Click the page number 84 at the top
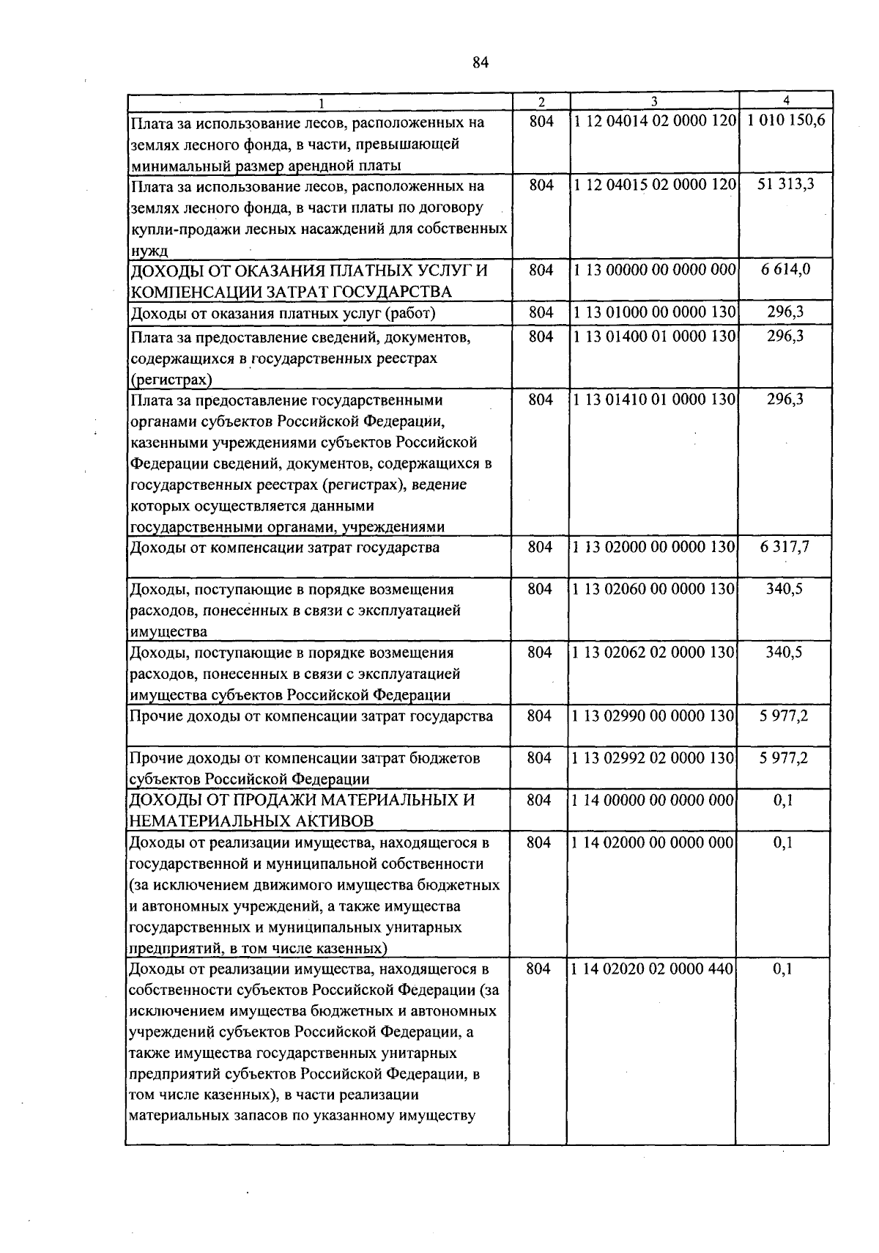(480, 63)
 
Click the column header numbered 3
(654, 101)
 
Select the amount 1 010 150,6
(785, 121)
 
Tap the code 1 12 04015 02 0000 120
(654, 185)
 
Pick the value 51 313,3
(785, 185)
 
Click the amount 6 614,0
(785, 270)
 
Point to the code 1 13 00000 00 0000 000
(654, 270)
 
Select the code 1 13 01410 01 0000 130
(654, 400)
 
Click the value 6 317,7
(785, 547)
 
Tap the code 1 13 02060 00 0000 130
(653, 589)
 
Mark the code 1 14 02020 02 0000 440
(652, 969)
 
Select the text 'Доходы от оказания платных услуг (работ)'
(283, 314)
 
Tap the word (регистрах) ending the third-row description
(171, 380)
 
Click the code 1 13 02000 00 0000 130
(653, 547)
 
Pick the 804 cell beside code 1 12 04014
(541, 121)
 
